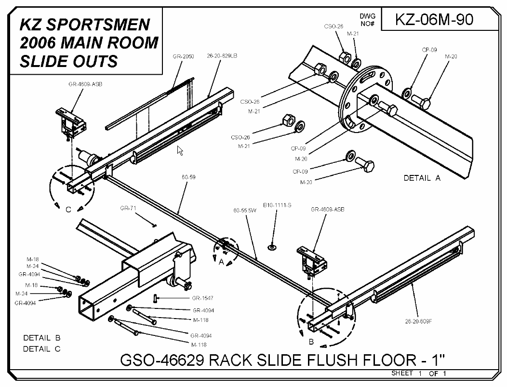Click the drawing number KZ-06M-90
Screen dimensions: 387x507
(434, 20)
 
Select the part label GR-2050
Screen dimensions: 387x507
(183, 56)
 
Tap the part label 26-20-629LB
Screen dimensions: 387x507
(222, 56)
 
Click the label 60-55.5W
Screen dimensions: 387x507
(244, 211)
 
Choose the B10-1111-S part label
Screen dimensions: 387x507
(277, 205)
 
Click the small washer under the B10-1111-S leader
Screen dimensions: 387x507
(273, 247)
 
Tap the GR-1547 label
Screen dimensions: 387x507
(202, 298)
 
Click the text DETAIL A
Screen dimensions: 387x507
(422, 178)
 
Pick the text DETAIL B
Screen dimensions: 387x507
(41, 337)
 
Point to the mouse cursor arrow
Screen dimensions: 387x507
(180, 151)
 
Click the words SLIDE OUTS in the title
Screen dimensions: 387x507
(67, 61)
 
